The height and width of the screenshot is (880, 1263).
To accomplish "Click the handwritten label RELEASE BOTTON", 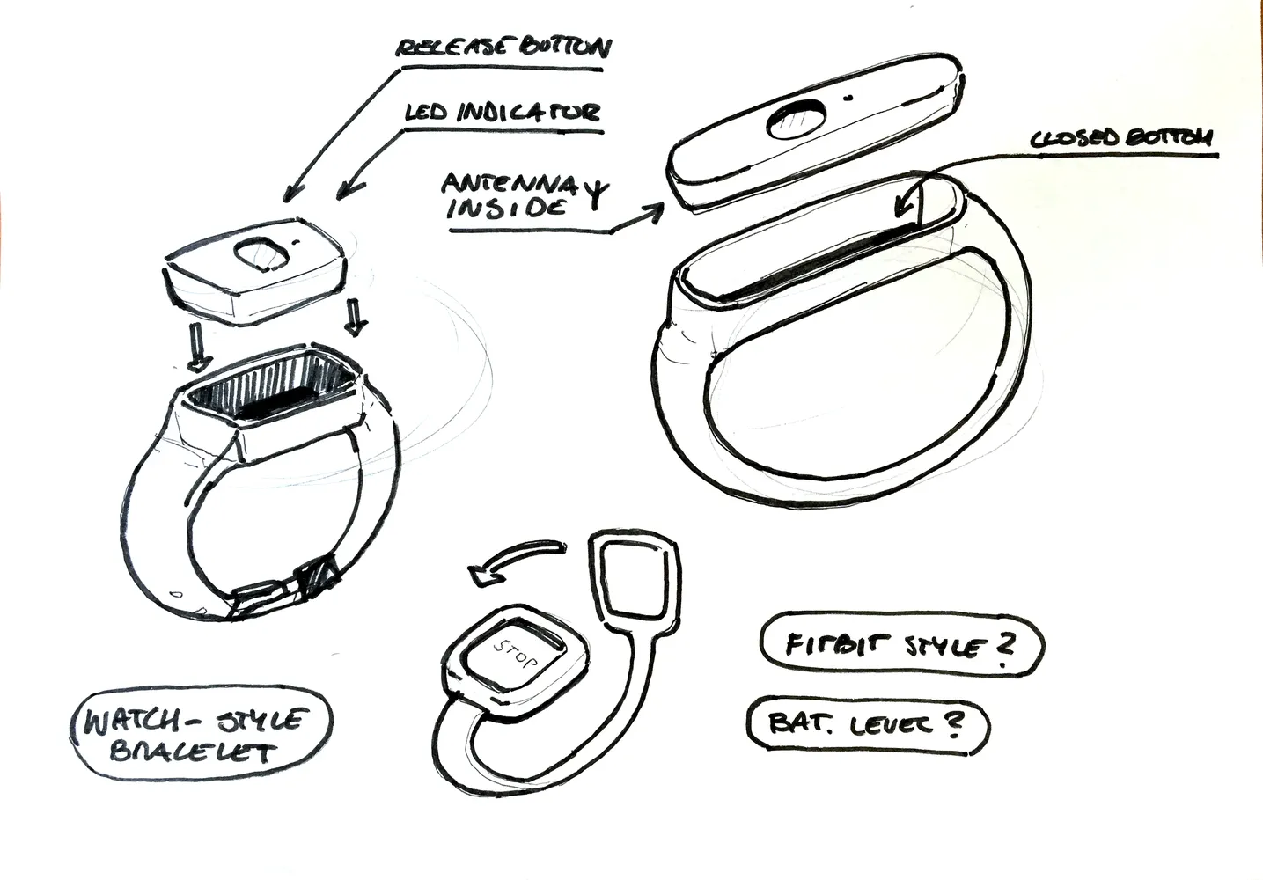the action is [503, 48].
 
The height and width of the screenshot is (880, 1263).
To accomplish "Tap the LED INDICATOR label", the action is [502, 112].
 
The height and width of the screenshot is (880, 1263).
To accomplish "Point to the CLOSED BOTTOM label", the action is [1121, 137].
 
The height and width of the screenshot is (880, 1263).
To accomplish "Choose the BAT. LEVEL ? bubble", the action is [868, 725].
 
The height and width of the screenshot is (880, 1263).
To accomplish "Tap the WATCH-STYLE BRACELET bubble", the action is [202, 733].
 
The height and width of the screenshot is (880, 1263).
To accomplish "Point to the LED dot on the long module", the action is [847, 98].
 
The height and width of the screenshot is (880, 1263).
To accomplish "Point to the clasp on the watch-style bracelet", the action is [285, 589].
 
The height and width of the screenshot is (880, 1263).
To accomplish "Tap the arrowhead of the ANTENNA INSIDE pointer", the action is [654, 213].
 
